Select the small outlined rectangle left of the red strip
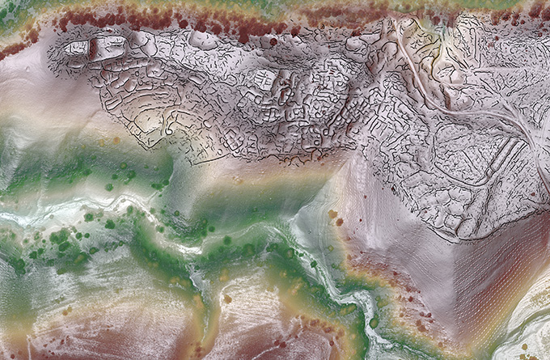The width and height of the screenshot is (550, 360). point(76,48)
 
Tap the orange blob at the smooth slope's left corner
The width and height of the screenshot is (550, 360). point(332,214)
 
